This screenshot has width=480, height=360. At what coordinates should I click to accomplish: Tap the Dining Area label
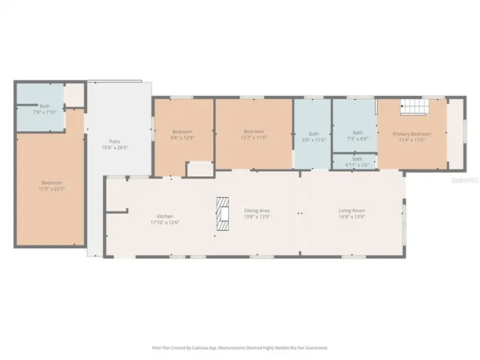coord(256,211)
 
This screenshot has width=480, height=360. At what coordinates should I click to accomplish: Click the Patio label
coord(115,141)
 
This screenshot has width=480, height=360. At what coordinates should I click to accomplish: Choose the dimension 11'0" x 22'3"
coord(51,188)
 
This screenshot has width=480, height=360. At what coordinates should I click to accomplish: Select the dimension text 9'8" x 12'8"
coord(183,137)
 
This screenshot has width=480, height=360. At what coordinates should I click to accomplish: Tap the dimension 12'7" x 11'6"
coord(254,137)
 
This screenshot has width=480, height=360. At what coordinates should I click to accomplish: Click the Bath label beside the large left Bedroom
coord(44,106)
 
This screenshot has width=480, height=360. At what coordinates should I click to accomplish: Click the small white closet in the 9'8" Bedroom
coord(199,169)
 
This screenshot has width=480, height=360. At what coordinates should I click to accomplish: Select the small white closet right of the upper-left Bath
coord(73,94)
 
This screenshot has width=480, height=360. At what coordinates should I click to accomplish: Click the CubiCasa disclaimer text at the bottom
coord(240,347)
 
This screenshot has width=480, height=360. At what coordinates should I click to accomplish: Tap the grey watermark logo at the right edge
coord(467,181)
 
